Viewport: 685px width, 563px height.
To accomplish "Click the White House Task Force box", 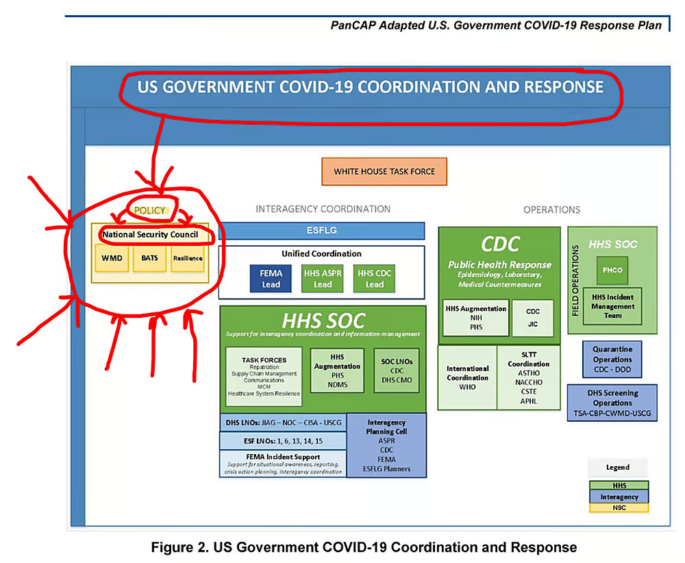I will click(384, 171).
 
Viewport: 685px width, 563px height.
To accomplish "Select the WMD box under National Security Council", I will click(111, 258).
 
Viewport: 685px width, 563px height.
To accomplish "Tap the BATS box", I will click(149, 258).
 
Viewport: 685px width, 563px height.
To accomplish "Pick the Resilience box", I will click(187, 258).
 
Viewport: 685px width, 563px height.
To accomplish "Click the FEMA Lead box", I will click(271, 279).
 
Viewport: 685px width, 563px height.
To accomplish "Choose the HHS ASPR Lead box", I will click(323, 279).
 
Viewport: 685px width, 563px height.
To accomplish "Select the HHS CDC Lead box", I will click(375, 279).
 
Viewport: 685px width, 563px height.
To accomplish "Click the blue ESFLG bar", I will click(321, 231).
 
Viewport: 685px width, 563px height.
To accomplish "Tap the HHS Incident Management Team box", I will click(612, 306).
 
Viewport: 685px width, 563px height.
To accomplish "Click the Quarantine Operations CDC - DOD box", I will click(612, 359).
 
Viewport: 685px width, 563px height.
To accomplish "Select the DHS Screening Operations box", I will click(612, 403).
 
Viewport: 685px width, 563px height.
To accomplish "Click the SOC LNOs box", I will click(397, 371).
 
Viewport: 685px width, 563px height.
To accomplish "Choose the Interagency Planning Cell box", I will click(386, 445).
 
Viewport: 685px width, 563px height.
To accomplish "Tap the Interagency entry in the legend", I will click(619, 497).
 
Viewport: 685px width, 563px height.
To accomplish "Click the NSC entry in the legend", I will click(619, 508).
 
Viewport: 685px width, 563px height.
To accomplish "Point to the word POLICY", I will click(149, 210).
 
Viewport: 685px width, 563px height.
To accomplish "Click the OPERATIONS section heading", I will click(551, 210).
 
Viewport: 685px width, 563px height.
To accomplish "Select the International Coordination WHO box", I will click(467, 377).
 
